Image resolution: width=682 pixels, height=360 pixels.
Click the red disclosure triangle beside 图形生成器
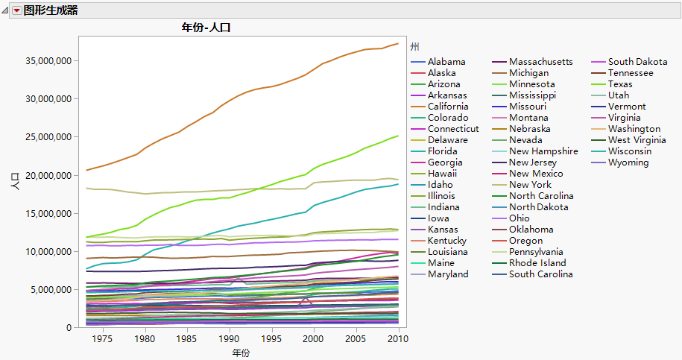16,10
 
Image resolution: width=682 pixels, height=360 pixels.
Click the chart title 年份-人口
209,28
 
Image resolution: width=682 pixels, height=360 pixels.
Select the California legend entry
448,107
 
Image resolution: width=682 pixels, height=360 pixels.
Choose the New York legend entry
530,185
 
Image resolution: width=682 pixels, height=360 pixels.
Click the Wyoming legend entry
628,162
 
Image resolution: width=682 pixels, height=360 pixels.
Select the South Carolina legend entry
540,274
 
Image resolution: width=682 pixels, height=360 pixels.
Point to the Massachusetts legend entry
540,62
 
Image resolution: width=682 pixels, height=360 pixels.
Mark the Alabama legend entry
446,62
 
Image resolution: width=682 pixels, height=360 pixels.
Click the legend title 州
414,46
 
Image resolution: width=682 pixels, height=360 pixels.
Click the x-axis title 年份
239,353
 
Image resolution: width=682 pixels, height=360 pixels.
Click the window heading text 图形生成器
51,10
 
